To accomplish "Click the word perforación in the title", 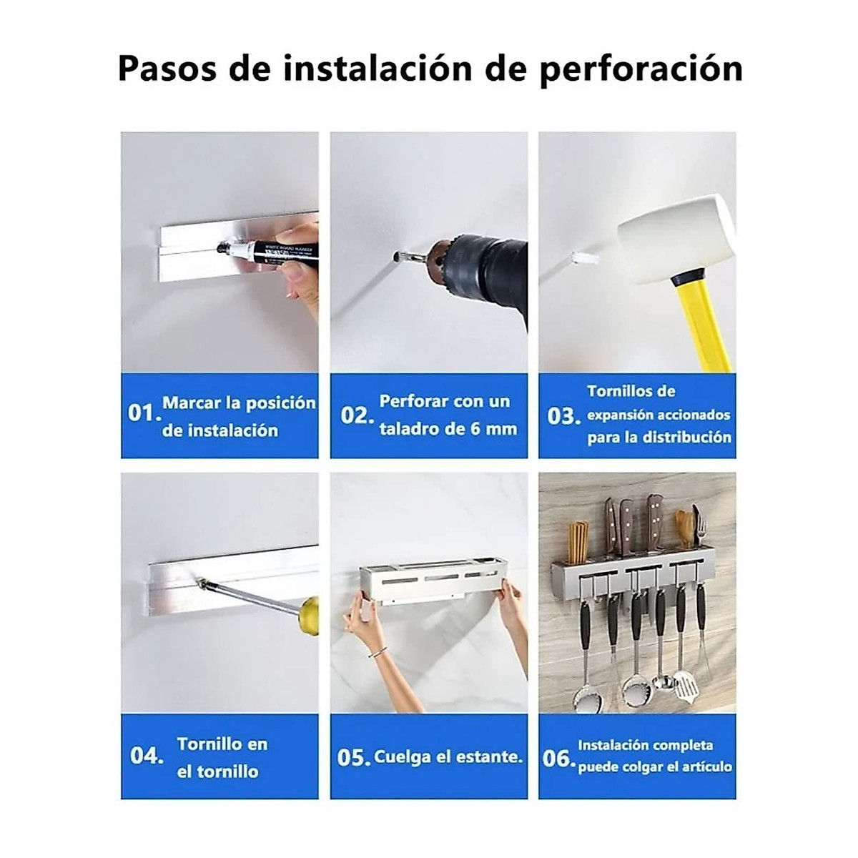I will pos(641,69).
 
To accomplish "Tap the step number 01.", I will pos(142,413).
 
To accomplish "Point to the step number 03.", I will pos(563,415).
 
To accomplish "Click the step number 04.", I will pos(147,756).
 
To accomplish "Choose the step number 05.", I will pos(352,757).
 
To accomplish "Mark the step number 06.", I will pos(558,758).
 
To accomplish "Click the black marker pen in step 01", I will pos(272,252).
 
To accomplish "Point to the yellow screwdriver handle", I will pos(309,613).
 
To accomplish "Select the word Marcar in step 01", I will pos(192,403).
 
